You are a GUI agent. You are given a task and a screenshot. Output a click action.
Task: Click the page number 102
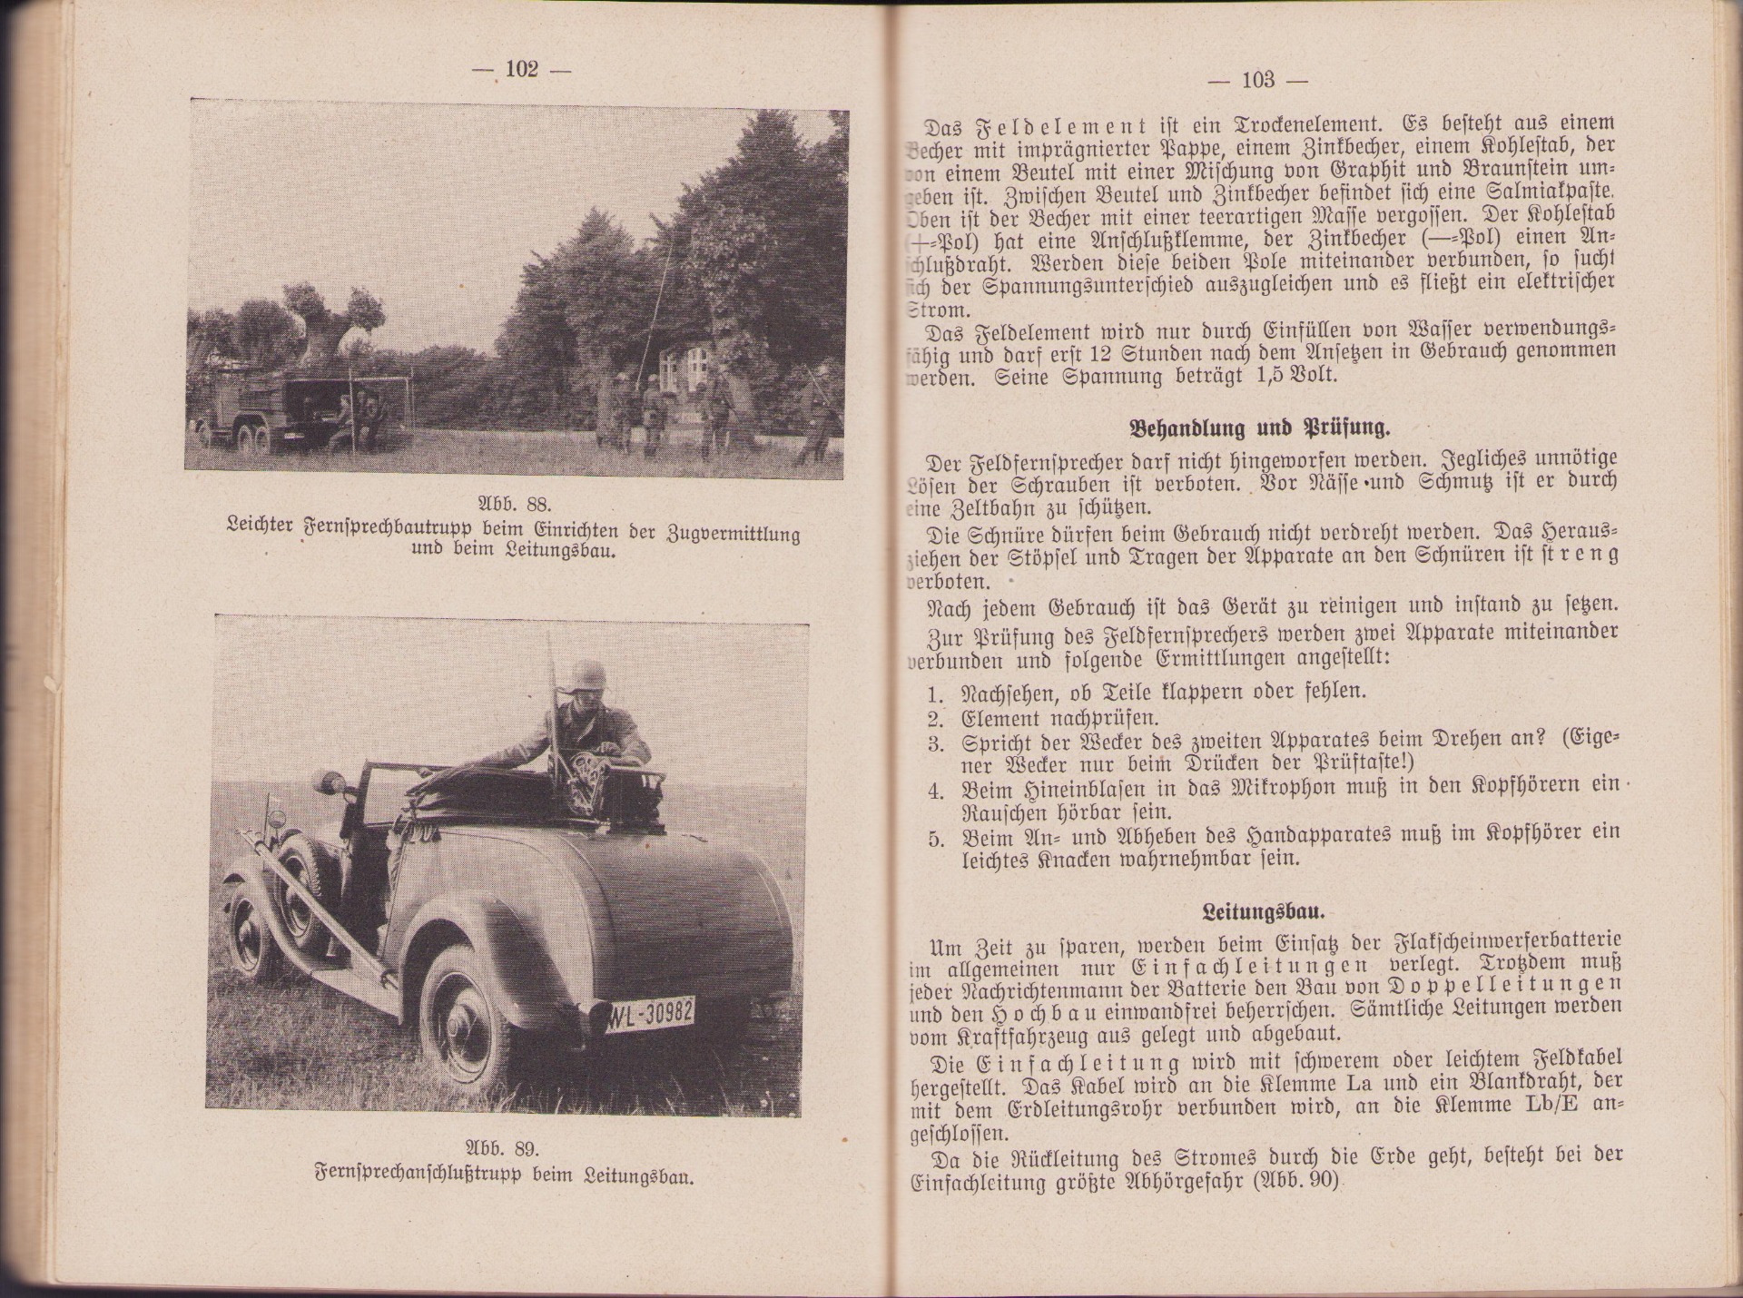coord(522,70)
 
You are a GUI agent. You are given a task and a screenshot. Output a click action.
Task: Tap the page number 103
coord(1257,81)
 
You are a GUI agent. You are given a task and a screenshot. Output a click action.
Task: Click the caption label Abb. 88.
coord(515,505)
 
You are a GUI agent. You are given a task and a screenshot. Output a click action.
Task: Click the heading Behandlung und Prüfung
coord(1259,428)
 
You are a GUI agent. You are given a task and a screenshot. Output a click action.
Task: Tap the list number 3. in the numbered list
coord(937,743)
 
